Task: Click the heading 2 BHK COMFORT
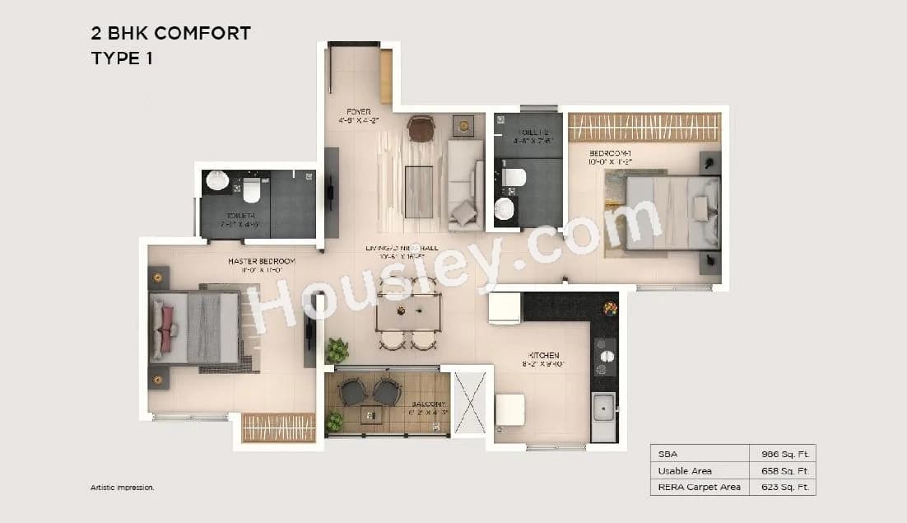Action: tap(170, 34)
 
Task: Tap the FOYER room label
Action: tap(358, 111)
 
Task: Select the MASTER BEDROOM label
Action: tap(261, 261)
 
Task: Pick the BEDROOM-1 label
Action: tap(610, 154)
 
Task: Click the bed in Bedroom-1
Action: tap(671, 212)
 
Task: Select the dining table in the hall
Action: tap(408, 311)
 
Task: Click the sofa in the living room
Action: tap(464, 185)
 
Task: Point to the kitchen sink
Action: tap(603, 406)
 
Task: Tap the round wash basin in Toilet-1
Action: tap(217, 181)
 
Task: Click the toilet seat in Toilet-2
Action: tap(514, 176)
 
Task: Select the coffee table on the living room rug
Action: tap(419, 191)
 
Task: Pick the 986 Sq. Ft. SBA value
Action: tap(782, 454)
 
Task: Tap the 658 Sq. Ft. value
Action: tap(782, 470)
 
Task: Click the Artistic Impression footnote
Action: tap(123, 488)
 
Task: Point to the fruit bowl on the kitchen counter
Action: tap(610, 308)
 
